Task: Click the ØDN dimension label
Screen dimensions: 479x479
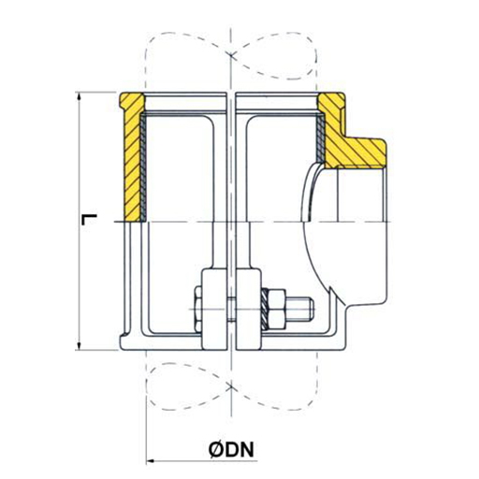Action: tap(231, 449)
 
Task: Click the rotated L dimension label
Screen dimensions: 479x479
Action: tap(89, 219)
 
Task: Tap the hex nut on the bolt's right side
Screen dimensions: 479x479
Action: tap(277, 310)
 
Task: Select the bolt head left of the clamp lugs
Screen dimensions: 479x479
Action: tap(197, 309)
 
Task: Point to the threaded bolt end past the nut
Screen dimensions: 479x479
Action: tap(300, 309)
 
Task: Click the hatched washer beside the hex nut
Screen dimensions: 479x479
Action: tap(265, 310)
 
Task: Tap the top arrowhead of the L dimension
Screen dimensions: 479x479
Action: tap(80, 96)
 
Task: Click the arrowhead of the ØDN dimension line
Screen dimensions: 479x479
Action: tap(151, 460)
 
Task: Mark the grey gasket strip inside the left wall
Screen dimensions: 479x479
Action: tap(143, 167)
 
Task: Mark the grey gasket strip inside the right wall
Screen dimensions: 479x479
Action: tap(321, 138)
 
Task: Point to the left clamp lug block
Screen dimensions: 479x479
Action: tap(212, 309)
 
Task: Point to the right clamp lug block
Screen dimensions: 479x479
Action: tap(249, 309)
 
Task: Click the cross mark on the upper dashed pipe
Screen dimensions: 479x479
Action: tap(231, 55)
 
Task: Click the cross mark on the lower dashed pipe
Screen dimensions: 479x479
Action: tap(231, 386)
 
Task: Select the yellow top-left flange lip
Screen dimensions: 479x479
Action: tap(132, 101)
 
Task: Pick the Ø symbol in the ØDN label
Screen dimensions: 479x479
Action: tap(216, 449)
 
